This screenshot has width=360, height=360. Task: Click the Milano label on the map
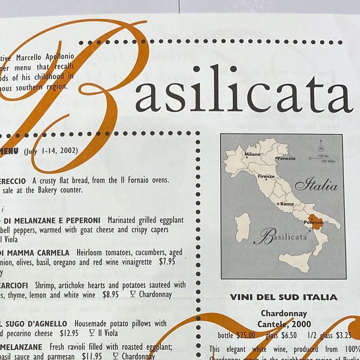[253, 154]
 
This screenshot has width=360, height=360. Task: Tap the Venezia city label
[286, 159]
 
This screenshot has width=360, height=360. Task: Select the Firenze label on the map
[266, 176]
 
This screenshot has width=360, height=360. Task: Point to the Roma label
[287, 204]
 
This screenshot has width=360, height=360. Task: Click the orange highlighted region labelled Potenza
[315, 222]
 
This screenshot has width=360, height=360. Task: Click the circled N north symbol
[321, 148]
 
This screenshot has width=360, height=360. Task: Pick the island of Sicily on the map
[296, 262]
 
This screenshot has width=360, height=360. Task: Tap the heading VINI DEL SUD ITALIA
[283, 297]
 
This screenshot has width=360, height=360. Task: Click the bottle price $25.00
[243, 335]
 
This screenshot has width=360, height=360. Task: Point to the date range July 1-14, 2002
[51, 151]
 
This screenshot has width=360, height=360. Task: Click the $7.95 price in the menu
[167, 262]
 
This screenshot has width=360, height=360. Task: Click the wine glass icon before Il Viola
[92, 333]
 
